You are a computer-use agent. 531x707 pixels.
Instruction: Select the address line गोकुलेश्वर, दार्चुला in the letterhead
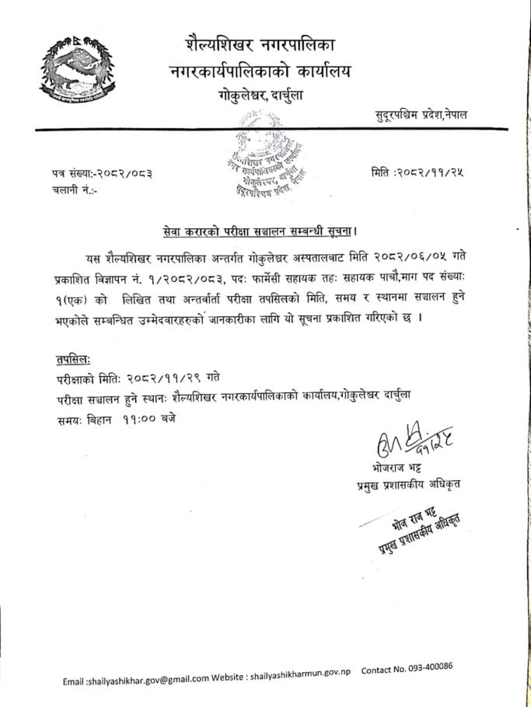[260, 96]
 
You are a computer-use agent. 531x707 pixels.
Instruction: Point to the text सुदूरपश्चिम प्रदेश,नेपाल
[421, 115]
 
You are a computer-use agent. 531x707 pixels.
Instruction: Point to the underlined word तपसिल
[72, 360]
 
